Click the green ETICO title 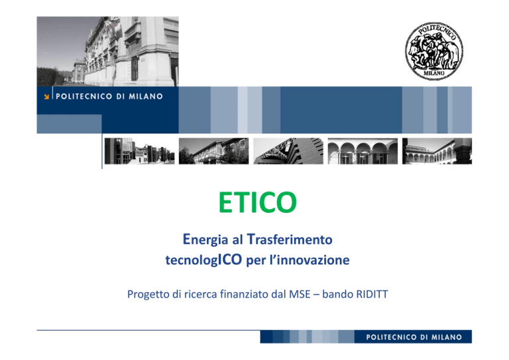click(258, 202)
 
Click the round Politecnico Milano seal click(434, 51)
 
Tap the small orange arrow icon click(46, 96)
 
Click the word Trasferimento click(290, 239)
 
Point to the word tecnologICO click(203, 260)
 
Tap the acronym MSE click(300, 294)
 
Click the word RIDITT click(372, 294)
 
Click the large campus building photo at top click(107, 52)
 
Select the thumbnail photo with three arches click(363, 151)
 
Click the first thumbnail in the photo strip click(139, 151)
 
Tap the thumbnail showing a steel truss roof click(288, 151)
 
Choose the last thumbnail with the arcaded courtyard click(437, 151)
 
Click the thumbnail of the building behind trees click(213, 151)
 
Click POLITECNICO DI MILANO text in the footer click(414, 337)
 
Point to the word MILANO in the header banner click(146, 96)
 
